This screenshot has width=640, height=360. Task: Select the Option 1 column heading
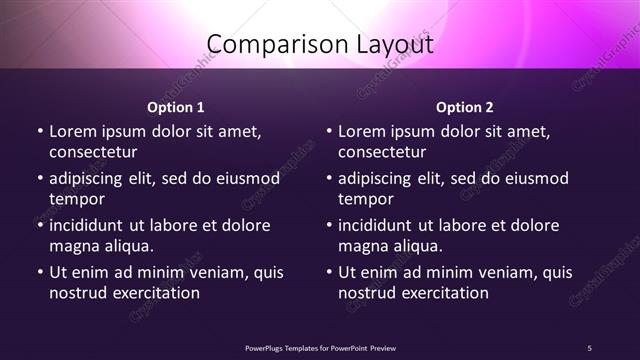tap(176, 107)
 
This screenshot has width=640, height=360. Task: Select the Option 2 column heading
tap(465, 107)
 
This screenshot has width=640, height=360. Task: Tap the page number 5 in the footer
tap(589, 347)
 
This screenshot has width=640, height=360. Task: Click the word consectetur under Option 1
tap(93, 153)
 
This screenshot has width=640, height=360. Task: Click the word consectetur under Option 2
tap(382, 153)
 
